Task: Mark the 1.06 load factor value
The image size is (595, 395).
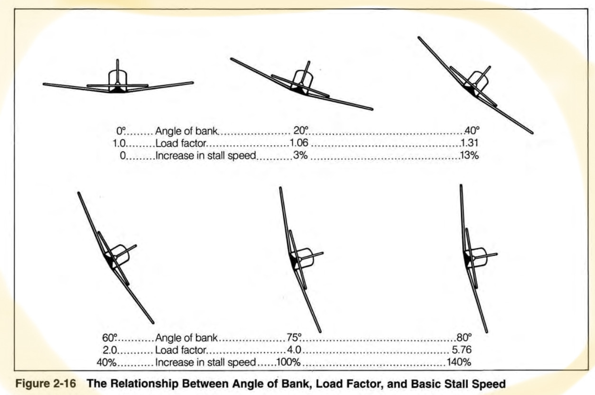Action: [x=300, y=142]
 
